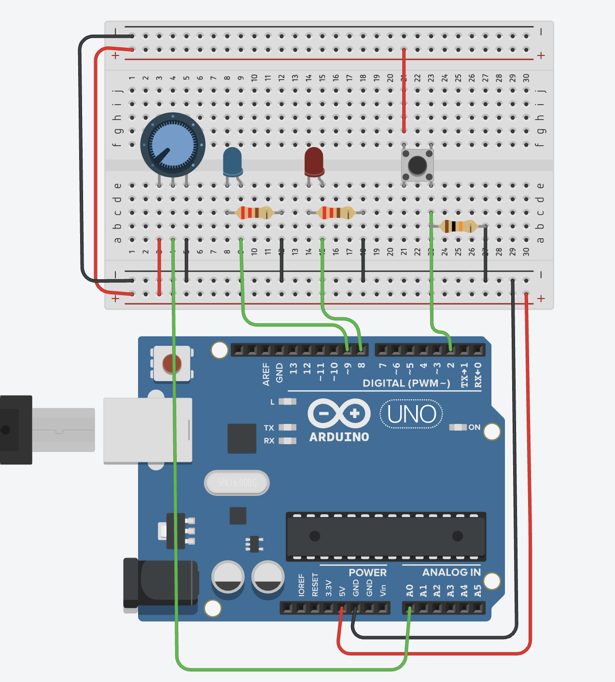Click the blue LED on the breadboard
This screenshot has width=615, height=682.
point(233,162)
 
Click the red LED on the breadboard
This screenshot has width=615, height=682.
point(314,162)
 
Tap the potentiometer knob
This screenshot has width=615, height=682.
point(173,145)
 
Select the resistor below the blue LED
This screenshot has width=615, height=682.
point(254,212)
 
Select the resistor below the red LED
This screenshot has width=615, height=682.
point(336,212)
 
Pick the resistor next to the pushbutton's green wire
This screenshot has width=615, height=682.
point(458,226)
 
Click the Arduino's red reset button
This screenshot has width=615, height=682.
point(172,364)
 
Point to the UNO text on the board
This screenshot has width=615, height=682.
point(412,414)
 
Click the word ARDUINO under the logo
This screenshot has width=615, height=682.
point(339,437)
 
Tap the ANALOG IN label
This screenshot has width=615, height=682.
point(451,573)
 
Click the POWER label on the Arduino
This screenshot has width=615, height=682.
point(367,573)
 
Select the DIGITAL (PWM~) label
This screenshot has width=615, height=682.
point(406,383)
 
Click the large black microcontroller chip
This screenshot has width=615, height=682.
point(386,536)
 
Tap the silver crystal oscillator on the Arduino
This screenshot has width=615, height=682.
point(237,482)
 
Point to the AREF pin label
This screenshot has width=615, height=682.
point(266,374)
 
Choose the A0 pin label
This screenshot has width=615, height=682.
point(409,590)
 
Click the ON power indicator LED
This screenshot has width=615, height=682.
point(458,427)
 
